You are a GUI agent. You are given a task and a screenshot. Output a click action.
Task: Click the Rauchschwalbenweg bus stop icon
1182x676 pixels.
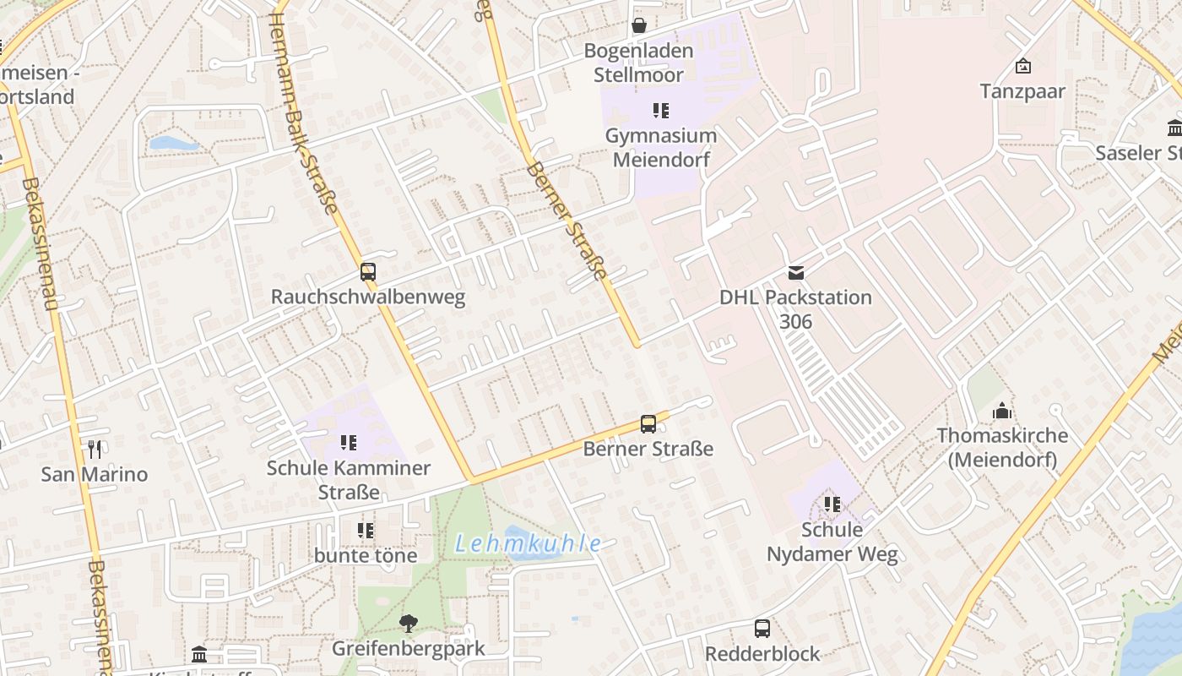[x=368, y=272]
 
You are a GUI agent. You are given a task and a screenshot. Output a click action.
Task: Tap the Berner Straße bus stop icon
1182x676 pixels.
[x=648, y=424]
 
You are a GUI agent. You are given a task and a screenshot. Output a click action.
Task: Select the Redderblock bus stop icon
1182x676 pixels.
[x=762, y=629]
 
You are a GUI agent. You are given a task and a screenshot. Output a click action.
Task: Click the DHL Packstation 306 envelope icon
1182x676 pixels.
[x=796, y=272]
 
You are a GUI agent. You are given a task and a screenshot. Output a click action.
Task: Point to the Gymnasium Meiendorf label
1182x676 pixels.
[x=661, y=148]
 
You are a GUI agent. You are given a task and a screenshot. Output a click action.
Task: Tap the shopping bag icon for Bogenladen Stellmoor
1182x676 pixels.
[x=640, y=25]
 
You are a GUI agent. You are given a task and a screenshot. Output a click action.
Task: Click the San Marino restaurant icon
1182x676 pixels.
[x=95, y=450]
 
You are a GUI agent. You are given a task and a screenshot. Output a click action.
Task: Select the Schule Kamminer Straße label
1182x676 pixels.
[x=349, y=479]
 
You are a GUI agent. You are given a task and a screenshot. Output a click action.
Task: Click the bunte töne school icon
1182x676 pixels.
[x=366, y=531]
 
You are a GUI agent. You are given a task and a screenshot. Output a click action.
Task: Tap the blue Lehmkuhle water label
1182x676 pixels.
[x=529, y=544]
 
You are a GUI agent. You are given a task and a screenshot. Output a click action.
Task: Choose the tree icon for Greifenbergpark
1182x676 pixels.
[x=409, y=624]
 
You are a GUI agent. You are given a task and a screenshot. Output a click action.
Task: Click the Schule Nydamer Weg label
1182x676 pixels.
[x=832, y=542]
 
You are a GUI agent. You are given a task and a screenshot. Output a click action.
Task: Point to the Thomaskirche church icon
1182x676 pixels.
[x=1002, y=412]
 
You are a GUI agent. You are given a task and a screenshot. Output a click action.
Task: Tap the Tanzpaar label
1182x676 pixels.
[x=1022, y=91]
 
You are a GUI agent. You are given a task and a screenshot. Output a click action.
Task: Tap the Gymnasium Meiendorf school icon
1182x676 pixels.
[x=661, y=110]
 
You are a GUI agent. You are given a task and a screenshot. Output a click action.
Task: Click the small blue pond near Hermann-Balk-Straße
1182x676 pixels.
[x=174, y=144]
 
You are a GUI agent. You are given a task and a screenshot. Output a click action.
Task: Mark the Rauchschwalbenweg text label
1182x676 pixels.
[x=368, y=297]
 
